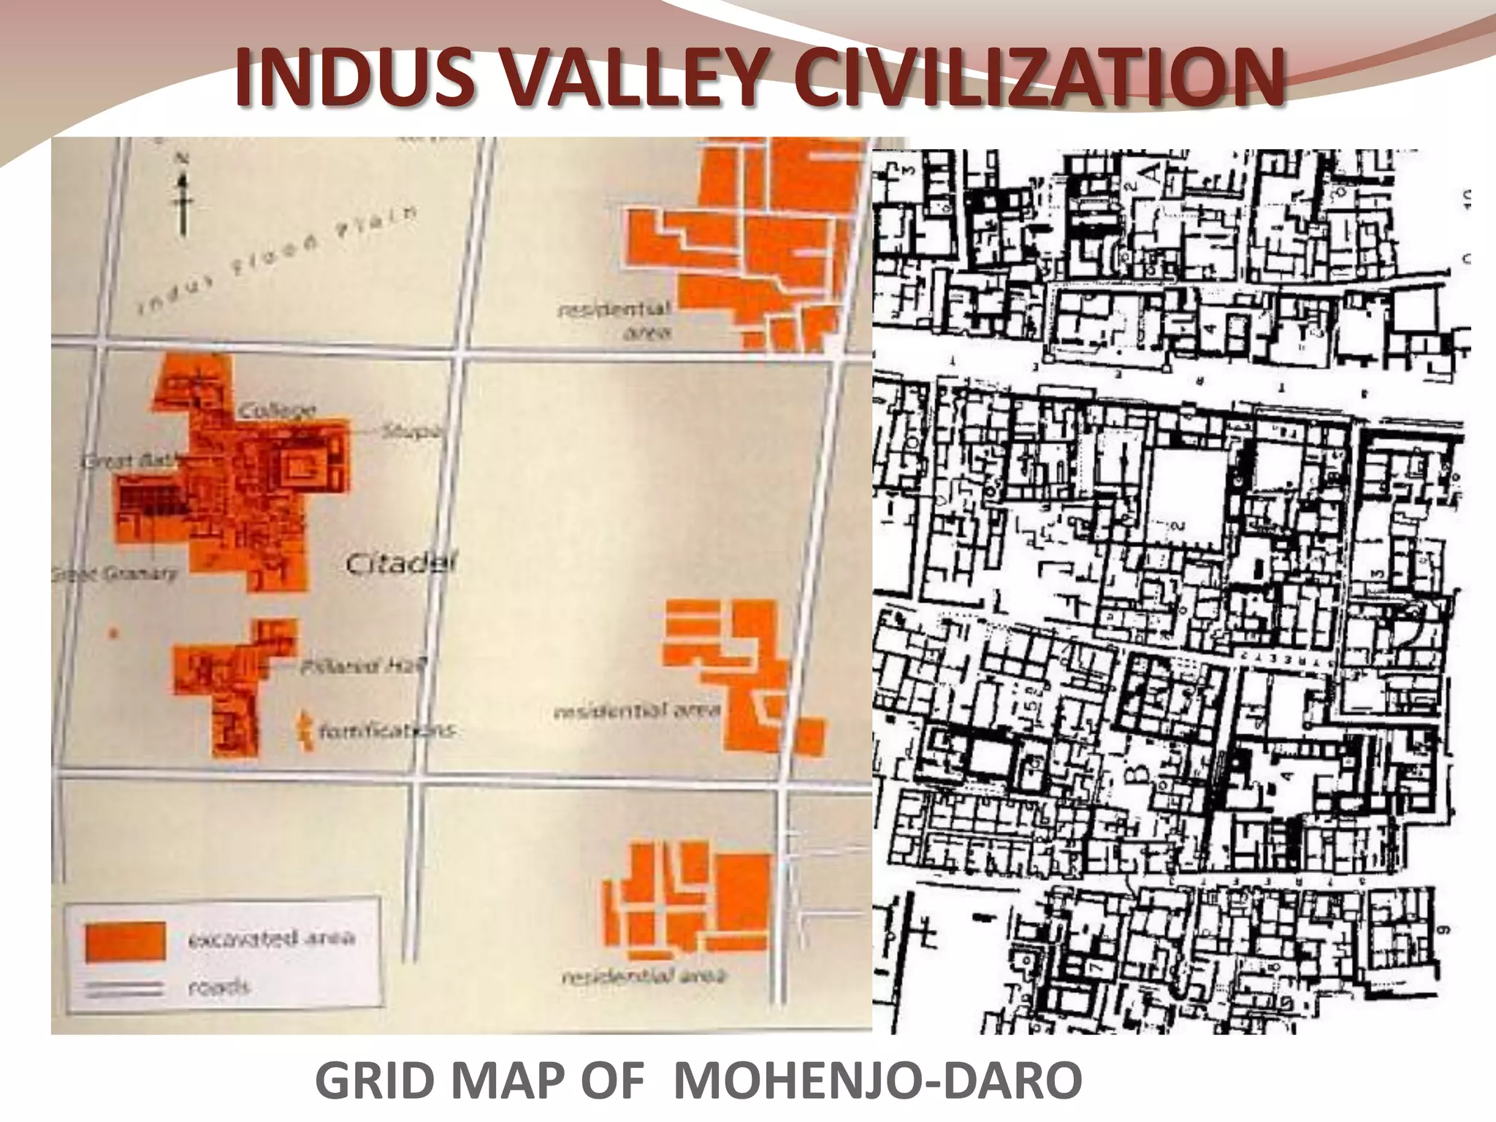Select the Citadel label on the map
pos(400,564)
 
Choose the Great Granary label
pos(115,574)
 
